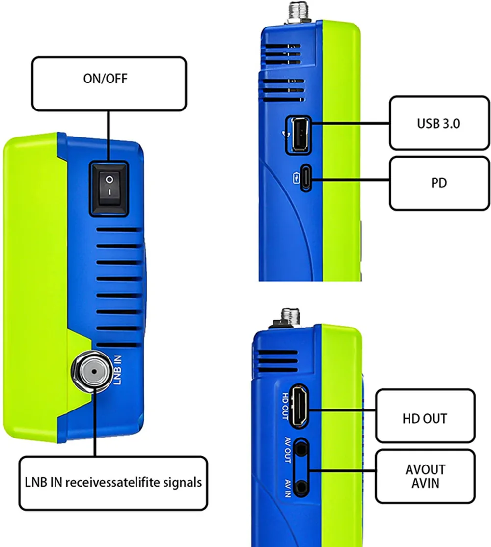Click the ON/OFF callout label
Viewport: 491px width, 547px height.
tap(109, 83)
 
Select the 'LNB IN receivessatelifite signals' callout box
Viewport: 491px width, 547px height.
tap(113, 482)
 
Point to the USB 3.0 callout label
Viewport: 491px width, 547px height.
tap(438, 123)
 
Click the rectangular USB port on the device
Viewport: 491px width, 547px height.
tap(298, 133)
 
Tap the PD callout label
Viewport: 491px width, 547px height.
tap(438, 183)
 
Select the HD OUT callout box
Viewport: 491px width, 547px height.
tap(425, 418)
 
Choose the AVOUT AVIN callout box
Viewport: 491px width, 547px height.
tap(425, 477)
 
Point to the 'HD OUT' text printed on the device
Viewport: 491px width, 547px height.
tap(286, 406)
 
